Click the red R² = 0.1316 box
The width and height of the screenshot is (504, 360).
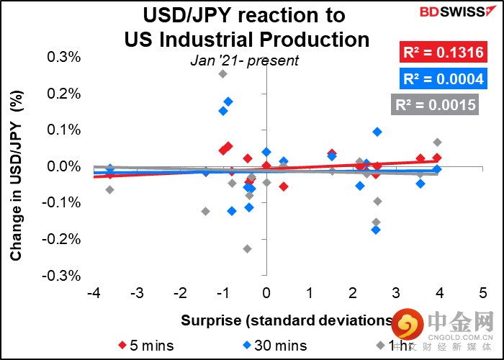[x=441, y=52]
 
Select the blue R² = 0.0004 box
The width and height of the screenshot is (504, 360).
[x=441, y=78]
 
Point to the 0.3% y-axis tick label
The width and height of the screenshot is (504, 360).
[x=65, y=58]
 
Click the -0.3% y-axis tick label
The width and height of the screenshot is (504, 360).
[x=63, y=276]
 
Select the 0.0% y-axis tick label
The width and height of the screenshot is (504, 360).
[x=65, y=167]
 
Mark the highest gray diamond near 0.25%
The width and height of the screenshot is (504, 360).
[x=223, y=73]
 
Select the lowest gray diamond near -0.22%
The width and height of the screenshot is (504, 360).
[x=247, y=248]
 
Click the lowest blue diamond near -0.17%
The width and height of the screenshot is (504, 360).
[x=376, y=230]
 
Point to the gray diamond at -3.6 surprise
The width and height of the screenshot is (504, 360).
[x=109, y=190]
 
